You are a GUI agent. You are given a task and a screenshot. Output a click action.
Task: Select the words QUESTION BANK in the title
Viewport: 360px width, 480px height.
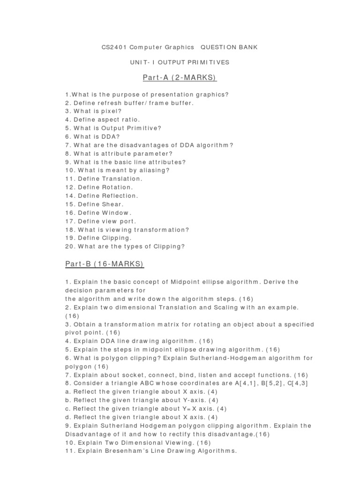[x=229, y=47]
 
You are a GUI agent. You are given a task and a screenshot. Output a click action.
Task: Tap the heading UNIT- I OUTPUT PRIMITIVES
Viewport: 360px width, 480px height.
[x=180, y=62]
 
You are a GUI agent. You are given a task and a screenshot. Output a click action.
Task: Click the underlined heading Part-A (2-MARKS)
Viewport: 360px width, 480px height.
[x=180, y=77]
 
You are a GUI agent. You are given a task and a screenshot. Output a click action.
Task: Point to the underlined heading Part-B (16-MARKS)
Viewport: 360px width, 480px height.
[x=105, y=265]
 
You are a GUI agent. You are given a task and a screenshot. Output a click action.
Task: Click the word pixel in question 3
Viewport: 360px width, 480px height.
[x=112, y=111]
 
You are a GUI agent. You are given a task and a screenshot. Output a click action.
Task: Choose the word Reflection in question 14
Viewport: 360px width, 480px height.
[x=120, y=195]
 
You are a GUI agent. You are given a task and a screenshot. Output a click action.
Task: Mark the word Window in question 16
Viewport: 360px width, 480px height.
[x=115, y=213]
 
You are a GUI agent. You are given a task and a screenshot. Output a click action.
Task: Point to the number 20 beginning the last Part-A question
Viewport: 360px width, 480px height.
[x=69, y=247]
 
